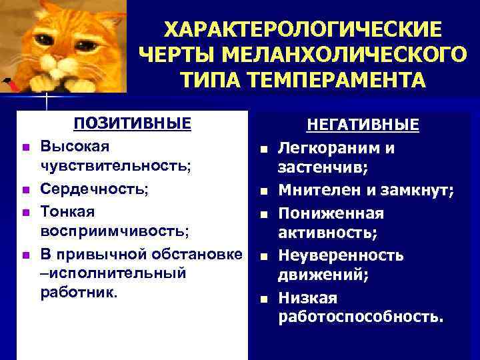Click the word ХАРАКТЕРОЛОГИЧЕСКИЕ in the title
coord(303,29)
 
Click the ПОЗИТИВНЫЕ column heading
coord(132,124)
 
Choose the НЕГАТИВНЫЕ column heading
coord(363,126)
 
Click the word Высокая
coord(75,145)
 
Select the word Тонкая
coord(67,211)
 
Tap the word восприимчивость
coord(114,232)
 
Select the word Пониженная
coord(331,213)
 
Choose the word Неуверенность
coord(341,255)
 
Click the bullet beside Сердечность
coord(25,190)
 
